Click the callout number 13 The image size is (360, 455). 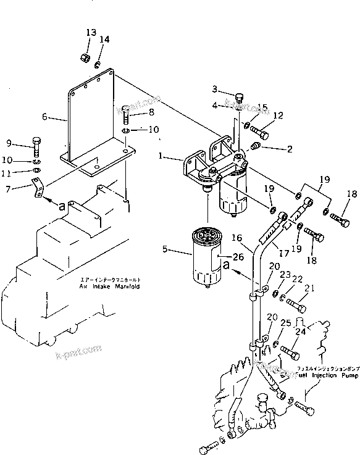coord(91,32)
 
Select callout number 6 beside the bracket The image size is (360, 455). coord(44,116)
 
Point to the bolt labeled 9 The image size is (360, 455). coord(37,146)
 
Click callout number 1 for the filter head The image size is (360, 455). coord(161,157)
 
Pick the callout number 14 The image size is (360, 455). coord(105,39)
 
